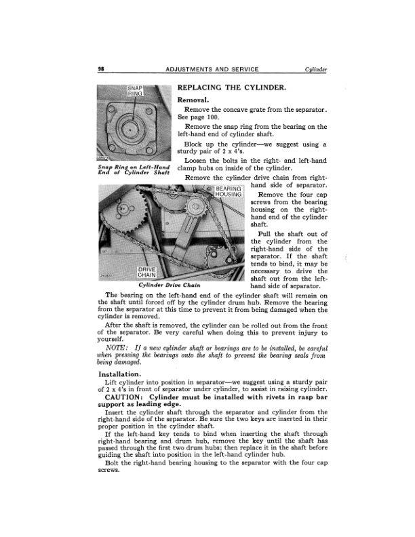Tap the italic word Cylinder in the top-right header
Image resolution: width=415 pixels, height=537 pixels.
click(x=316, y=70)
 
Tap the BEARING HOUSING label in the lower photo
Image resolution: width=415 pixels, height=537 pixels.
click(x=228, y=192)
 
